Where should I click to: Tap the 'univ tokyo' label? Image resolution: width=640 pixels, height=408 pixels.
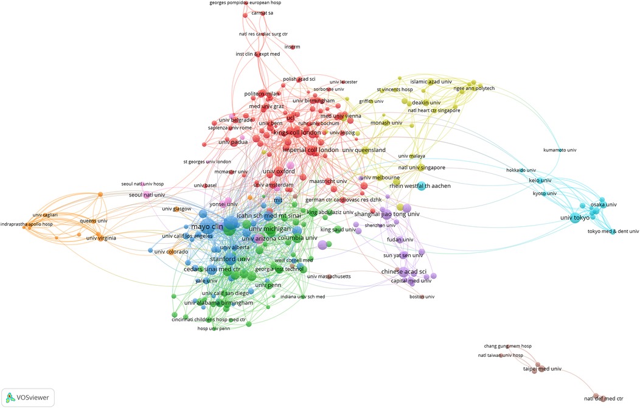574,218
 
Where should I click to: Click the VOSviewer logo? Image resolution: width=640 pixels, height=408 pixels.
28,397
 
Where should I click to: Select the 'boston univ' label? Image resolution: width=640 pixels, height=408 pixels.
422,296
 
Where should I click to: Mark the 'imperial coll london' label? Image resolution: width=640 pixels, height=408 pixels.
310,150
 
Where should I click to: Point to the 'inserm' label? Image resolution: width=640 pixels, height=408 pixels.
293,47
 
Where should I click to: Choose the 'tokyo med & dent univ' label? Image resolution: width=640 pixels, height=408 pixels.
613,231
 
